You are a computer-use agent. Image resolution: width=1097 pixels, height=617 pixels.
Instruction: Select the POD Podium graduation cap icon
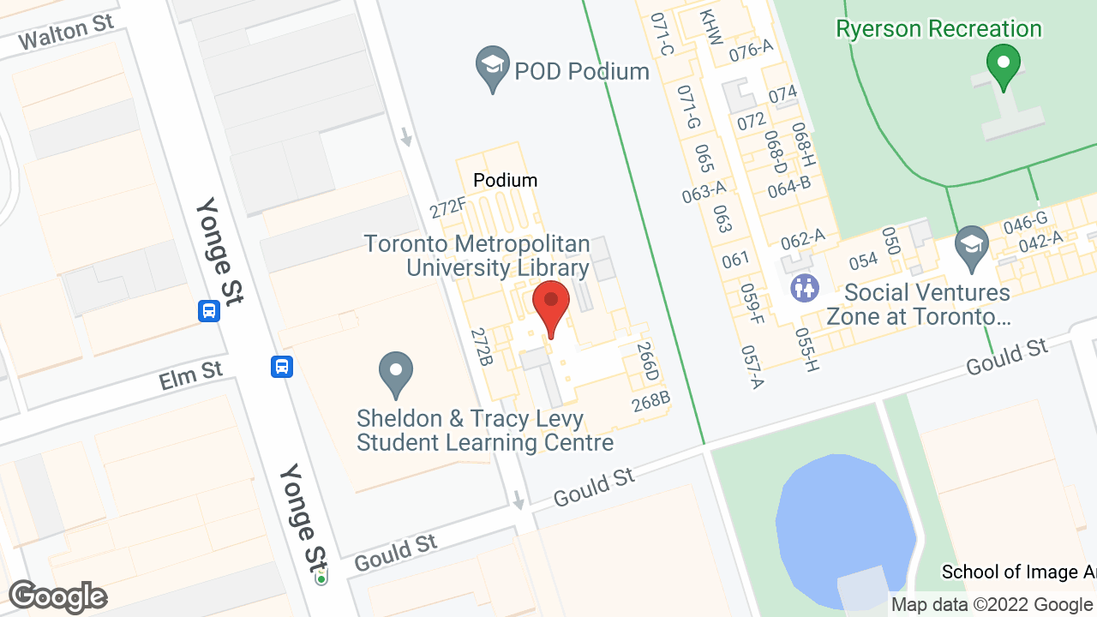[x=493, y=68]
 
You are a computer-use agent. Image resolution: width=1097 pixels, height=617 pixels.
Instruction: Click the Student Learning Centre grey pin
[x=396, y=374]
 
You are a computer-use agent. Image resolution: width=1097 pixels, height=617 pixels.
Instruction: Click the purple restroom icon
[x=805, y=288]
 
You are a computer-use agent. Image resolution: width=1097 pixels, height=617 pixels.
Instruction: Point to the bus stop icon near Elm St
[x=282, y=367]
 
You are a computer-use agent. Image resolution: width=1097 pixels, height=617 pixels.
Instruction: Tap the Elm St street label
[x=190, y=374]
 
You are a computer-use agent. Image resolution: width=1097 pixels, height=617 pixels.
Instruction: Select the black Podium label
[x=506, y=180]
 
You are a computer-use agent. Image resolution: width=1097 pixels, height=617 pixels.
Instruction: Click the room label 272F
[x=448, y=207]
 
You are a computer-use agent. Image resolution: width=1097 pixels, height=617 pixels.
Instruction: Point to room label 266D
[x=648, y=362]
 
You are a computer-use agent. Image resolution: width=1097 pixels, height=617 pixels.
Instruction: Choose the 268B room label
[x=650, y=401]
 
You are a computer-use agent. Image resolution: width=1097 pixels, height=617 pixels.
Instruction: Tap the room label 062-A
[x=802, y=237]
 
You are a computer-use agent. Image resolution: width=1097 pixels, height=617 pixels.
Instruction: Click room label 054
[x=864, y=261]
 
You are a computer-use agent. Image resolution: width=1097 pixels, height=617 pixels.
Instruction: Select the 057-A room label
[x=752, y=366]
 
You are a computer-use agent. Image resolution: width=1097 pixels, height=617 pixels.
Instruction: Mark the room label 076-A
[x=752, y=50]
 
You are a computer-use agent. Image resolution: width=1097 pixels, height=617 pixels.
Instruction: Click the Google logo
[x=57, y=596]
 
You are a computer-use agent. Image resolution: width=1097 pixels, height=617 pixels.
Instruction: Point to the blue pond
[x=844, y=523]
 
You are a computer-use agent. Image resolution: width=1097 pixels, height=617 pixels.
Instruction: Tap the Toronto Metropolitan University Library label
[x=477, y=255]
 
